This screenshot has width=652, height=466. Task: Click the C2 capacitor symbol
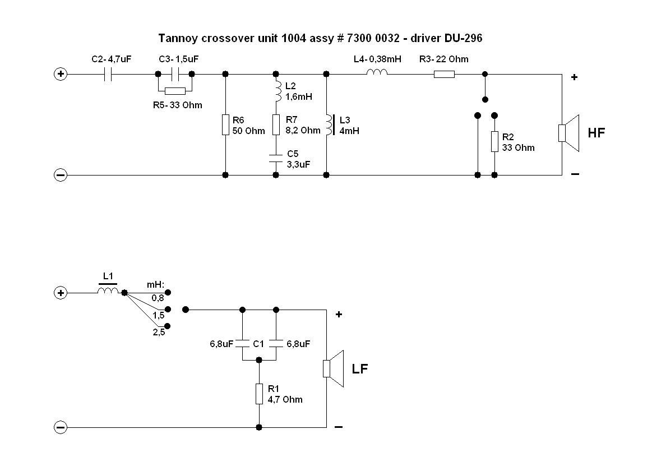point(108,74)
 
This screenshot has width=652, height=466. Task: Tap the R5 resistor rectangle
point(175,91)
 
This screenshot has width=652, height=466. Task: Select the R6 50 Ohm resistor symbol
point(225,124)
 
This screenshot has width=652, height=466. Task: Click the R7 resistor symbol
point(276,124)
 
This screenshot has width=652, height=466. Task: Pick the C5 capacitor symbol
point(276,158)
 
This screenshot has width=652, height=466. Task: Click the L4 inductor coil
point(377,72)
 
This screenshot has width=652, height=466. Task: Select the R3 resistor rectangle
point(444,74)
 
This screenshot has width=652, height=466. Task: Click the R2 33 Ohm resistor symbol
point(494,141)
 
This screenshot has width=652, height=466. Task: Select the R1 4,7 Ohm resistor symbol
point(259,394)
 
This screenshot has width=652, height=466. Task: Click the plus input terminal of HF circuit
point(60,74)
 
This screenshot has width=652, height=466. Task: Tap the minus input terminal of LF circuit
point(60,427)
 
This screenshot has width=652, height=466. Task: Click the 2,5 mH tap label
point(159,332)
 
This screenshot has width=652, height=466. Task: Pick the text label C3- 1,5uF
point(179,59)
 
